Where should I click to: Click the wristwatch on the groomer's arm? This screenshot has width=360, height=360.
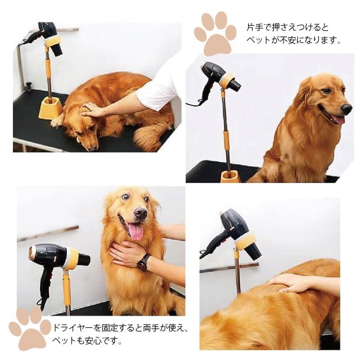click(144, 263)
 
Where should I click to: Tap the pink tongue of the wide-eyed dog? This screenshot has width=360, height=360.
click(136, 231)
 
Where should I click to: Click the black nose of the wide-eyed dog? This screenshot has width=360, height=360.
click(140, 213)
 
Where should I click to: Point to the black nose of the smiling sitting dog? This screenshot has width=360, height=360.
click(346, 108)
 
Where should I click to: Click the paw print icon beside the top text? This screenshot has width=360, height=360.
click(215, 33)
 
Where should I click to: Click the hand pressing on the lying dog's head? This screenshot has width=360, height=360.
click(92, 110)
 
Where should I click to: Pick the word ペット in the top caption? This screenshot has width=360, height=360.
click(258, 40)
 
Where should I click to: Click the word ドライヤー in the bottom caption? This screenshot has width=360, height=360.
click(74, 327)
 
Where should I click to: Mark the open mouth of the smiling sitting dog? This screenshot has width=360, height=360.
click(334, 117)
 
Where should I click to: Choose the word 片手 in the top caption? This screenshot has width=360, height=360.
click(255, 28)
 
